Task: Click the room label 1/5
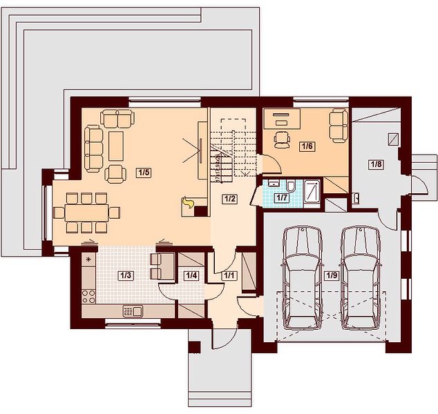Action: pyautogui.click(x=144, y=172)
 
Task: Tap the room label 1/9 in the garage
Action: pyautogui.click(x=332, y=275)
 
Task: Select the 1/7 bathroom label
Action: pyautogui.click(x=282, y=197)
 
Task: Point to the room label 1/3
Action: pyautogui.click(x=126, y=275)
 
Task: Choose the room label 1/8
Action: pyautogui.click(x=376, y=164)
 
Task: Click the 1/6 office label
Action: pyautogui.click(x=307, y=146)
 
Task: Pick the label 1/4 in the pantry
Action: pyautogui.click(x=191, y=275)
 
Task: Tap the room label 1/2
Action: pyautogui.click(x=230, y=199)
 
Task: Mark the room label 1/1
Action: pyautogui.click(x=229, y=275)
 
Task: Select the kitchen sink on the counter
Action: pyautogui.click(x=133, y=310)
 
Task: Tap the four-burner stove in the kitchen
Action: pyautogui.click(x=88, y=297)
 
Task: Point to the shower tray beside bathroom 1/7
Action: pyautogui.click(x=312, y=191)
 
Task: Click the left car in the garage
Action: pyautogui.click(x=302, y=278)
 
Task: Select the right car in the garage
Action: pyautogui.click(x=361, y=278)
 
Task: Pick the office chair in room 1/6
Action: pyautogui.click(x=282, y=139)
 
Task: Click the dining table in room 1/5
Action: pyautogui.click(x=86, y=213)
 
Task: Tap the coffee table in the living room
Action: pyautogui.click(x=116, y=146)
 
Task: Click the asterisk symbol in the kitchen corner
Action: pyautogui.click(x=89, y=260)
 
